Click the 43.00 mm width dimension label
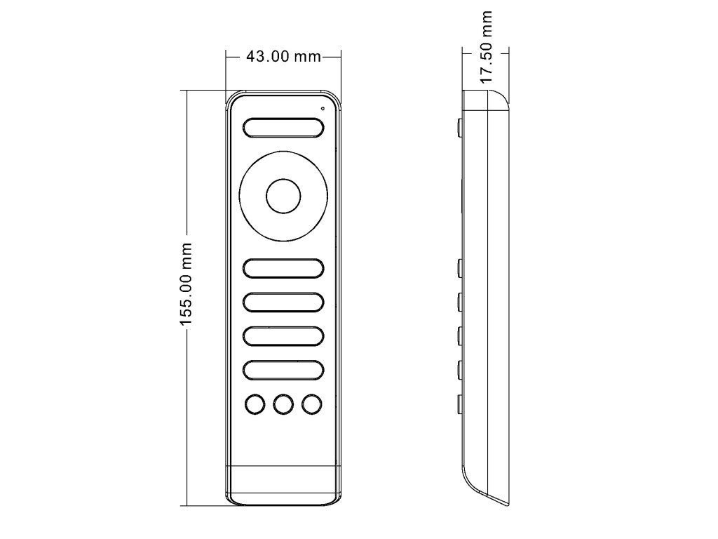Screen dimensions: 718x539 pyautogui.click(x=283, y=56)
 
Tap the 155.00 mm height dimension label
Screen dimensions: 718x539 pyautogui.click(x=185, y=285)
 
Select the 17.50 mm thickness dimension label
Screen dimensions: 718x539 pyautogui.click(x=486, y=47)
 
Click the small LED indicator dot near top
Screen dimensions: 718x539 pyautogui.click(x=323, y=109)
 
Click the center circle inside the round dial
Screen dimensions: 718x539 pyautogui.click(x=283, y=197)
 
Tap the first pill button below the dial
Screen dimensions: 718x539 pyautogui.click(x=283, y=268)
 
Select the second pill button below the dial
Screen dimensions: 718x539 pyautogui.click(x=283, y=302)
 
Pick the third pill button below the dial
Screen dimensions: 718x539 pyautogui.click(x=283, y=336)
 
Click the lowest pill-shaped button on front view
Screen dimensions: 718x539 pyautogui.click(x=283, y=371)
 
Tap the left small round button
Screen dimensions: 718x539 pyautogui.click(x=255, y=405)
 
